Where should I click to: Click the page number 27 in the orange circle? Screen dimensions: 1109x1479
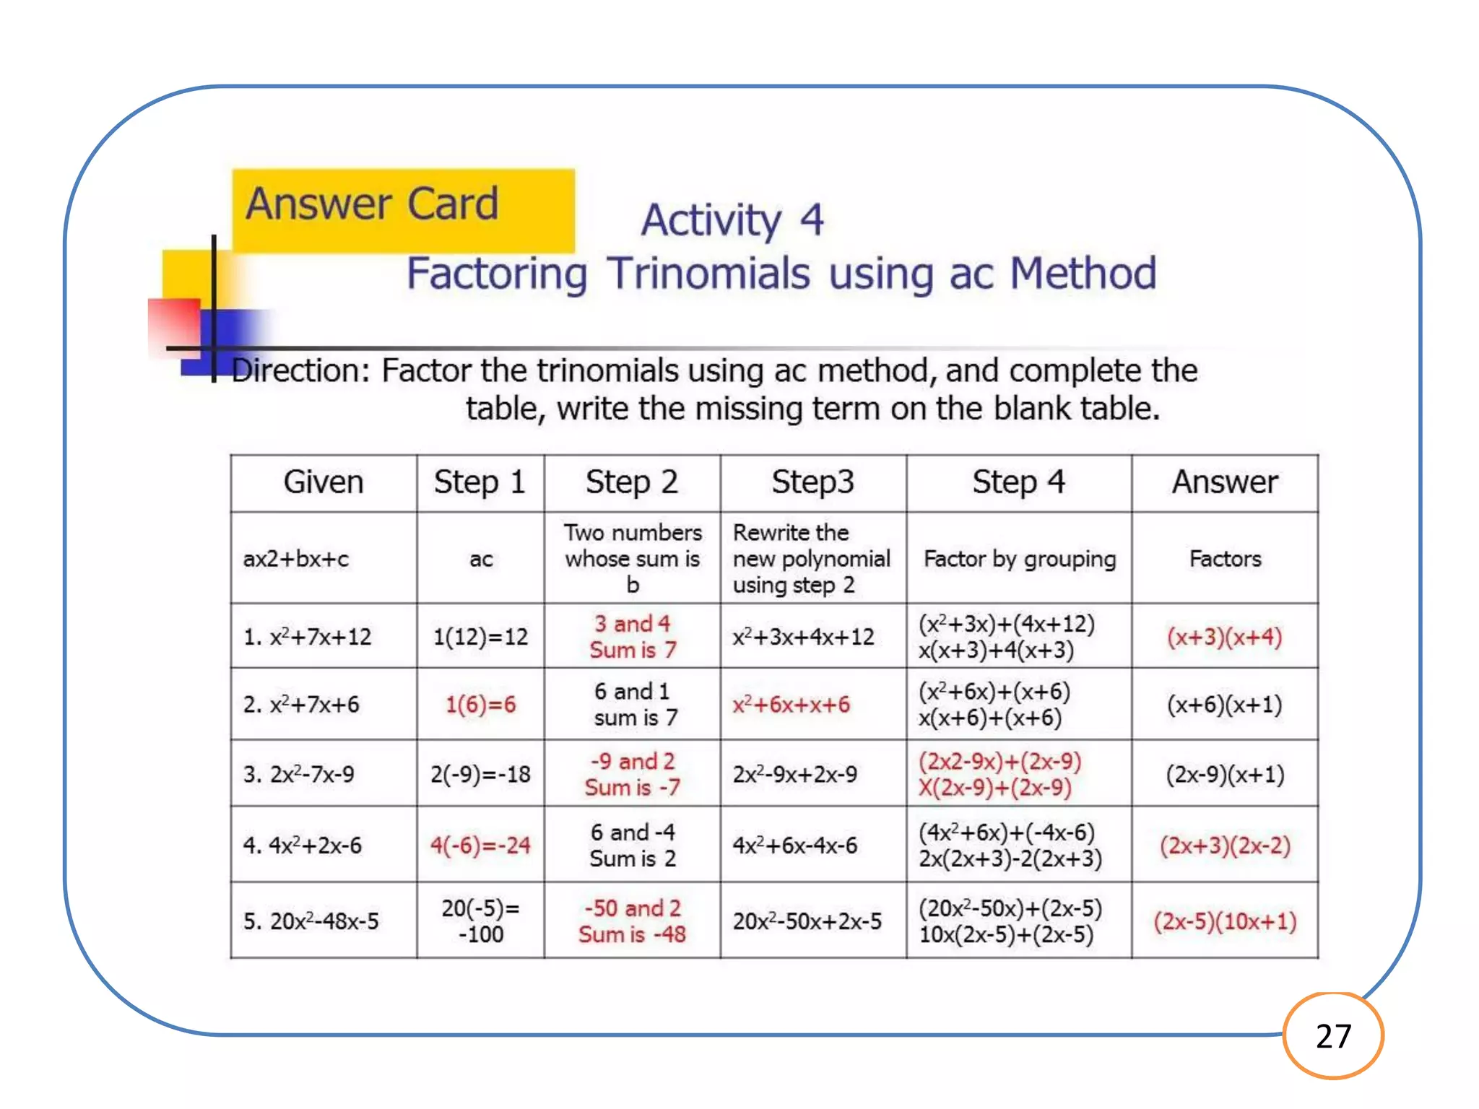click(1333, 1036)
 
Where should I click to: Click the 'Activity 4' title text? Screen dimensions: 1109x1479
click(732, 219)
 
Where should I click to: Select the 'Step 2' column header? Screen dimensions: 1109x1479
click(631, 482)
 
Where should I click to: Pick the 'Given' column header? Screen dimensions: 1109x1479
click(323, 482)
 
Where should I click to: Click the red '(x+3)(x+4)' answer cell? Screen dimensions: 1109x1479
click(1224, 637)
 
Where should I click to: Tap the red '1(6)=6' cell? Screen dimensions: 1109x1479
click(480, 704)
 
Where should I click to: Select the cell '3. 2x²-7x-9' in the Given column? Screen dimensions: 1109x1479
click(299, 774)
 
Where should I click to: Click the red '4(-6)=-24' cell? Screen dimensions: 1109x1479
click(480, 845)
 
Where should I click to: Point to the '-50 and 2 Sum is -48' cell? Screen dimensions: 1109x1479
click(632, 921)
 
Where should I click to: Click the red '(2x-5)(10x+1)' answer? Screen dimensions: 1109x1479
click(1225, 921)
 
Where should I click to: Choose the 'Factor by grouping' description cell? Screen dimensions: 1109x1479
click(1019, 559)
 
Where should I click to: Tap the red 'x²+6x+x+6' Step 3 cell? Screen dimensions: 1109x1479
click(791, 704)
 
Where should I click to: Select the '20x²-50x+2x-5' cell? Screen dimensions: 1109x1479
click(807, 921)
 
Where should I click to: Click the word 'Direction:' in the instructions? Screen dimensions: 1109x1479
click(300, 371)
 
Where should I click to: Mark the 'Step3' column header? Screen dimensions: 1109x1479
click(812, 482)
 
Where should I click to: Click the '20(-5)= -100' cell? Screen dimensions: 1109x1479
click(480, 921)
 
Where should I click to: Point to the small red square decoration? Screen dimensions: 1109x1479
click(174, 325)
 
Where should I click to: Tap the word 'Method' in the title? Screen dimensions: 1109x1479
click(1083, 274)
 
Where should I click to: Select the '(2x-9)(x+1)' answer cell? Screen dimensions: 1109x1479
click(1225, 774)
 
